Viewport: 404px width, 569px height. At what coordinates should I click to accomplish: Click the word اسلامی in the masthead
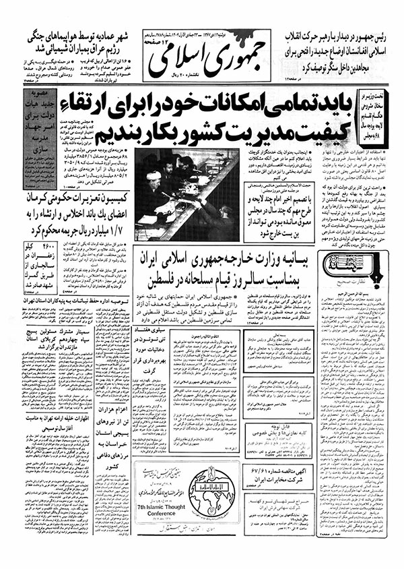tap(176, 63)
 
